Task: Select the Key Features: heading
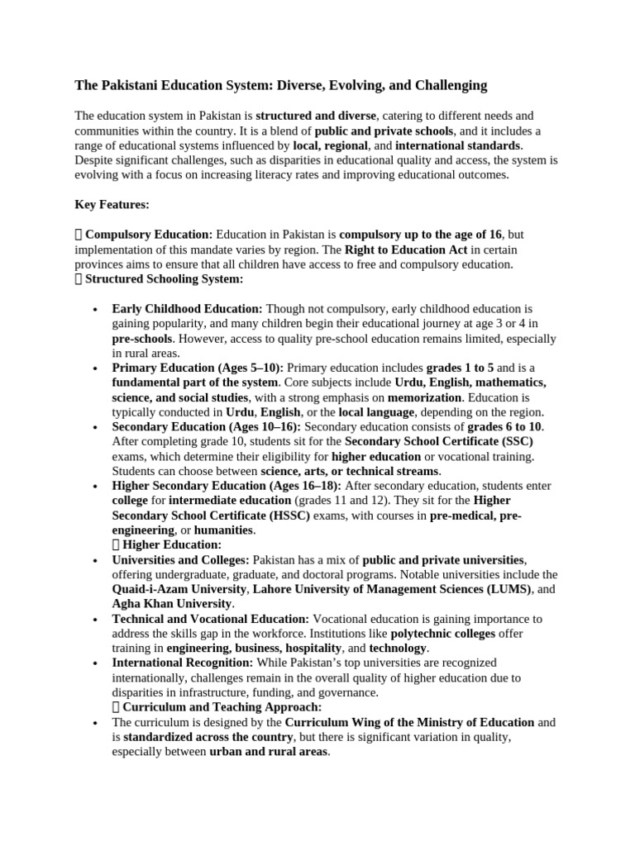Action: click(x=112, y=203)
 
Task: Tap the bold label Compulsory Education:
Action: click(x=149, y=235)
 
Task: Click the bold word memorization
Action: click(x=424, y=397)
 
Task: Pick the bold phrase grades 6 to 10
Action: click(x=505, y=426)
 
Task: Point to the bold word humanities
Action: click(x=224, y=530)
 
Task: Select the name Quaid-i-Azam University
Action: click(x=179, y=589)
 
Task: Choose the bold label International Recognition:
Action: click(x=183, y=663)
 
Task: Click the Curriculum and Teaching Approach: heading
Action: click(x=222, y=707)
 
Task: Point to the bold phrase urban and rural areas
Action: click(x=269, y=752)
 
